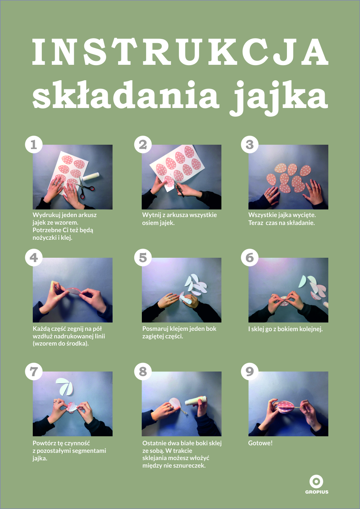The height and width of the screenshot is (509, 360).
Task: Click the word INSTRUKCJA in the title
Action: pos(180,52)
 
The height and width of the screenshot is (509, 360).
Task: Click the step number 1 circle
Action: pos(34,145)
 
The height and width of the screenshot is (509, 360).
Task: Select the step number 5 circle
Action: pos(143,258)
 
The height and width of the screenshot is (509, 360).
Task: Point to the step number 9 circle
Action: pos(249,371)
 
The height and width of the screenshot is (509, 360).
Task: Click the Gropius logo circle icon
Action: pos(316,481)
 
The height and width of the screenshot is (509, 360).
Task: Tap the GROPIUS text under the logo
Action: pos(317,492)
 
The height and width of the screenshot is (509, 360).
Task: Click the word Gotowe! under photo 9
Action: pos(260,443)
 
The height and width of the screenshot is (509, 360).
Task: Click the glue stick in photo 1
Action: pos(90,176)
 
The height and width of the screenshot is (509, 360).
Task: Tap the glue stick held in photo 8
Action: pos(195,400)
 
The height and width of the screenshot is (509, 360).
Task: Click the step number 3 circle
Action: pos(249,145)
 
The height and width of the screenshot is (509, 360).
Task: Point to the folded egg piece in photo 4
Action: pos(73,291)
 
